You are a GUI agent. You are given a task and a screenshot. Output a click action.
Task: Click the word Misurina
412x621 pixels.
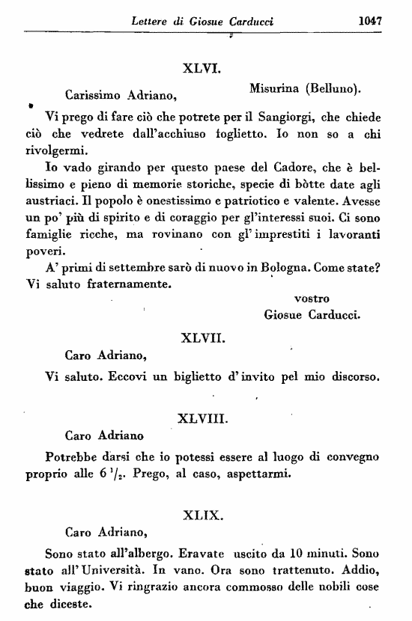click(275, 88)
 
